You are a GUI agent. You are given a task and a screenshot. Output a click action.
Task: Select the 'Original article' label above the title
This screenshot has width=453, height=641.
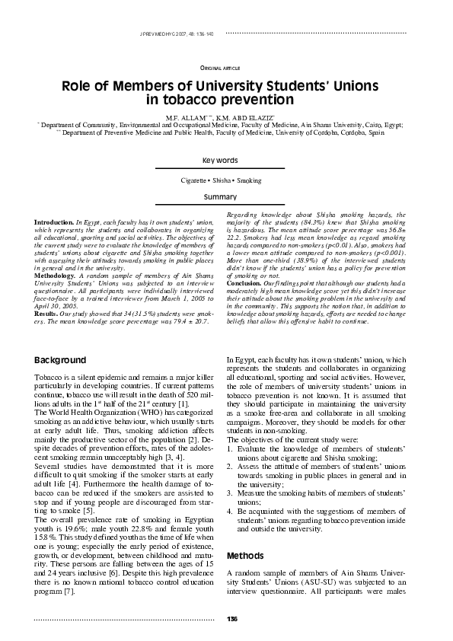point(220,69)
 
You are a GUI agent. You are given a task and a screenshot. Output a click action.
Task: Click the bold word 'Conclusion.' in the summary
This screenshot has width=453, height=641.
point(247,285)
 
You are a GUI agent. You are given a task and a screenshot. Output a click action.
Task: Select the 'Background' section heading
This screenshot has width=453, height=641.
point(65,359)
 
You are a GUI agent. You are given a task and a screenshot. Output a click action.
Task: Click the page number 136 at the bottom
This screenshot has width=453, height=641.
point(231,617)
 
